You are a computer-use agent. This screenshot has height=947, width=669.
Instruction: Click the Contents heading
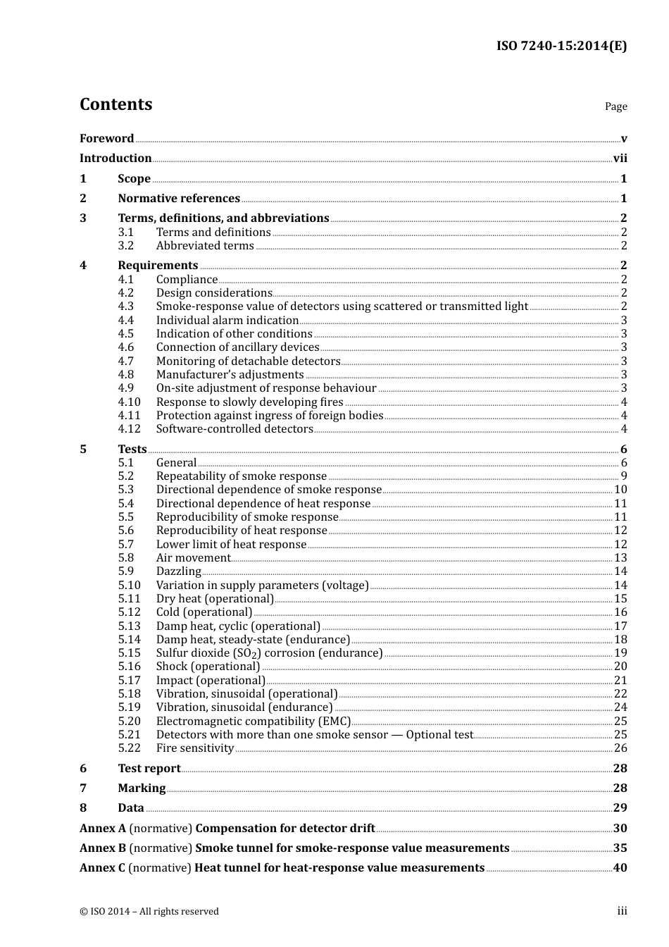click(115, 104)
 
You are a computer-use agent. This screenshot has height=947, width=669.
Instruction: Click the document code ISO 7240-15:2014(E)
click(561, 46)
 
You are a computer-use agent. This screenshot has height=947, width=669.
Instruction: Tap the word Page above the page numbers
click(615, 106)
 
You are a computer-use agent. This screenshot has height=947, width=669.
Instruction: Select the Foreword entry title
click(106, 139)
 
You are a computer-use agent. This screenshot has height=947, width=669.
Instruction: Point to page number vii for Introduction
click(620, 159)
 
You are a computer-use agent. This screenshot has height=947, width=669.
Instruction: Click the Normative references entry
click(179, 199)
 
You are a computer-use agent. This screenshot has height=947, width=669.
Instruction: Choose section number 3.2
click(126, 246)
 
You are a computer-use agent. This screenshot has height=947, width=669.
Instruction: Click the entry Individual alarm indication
click(227, 321)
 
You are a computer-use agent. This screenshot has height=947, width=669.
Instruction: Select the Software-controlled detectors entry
click(235, 429)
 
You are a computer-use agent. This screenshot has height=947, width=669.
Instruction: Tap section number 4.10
click(129, 402)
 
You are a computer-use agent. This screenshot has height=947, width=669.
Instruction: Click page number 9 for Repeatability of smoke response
click(623, 476)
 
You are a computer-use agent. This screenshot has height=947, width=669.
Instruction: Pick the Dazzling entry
click(179, 571)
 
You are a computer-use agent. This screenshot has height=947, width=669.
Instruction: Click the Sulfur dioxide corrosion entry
click(269, 653)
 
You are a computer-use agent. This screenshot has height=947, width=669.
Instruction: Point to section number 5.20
click(129, 722)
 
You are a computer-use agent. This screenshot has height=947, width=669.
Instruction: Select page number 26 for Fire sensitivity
click(620, 748)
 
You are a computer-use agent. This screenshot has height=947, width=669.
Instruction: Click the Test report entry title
click(149, 769)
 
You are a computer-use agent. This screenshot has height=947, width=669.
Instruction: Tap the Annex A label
click(103, 829)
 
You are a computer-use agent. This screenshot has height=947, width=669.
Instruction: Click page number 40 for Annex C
click(620, 868)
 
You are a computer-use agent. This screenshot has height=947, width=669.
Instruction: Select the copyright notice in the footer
click(149, 912)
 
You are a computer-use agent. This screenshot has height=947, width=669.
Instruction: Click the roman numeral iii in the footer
click(622, 911)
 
